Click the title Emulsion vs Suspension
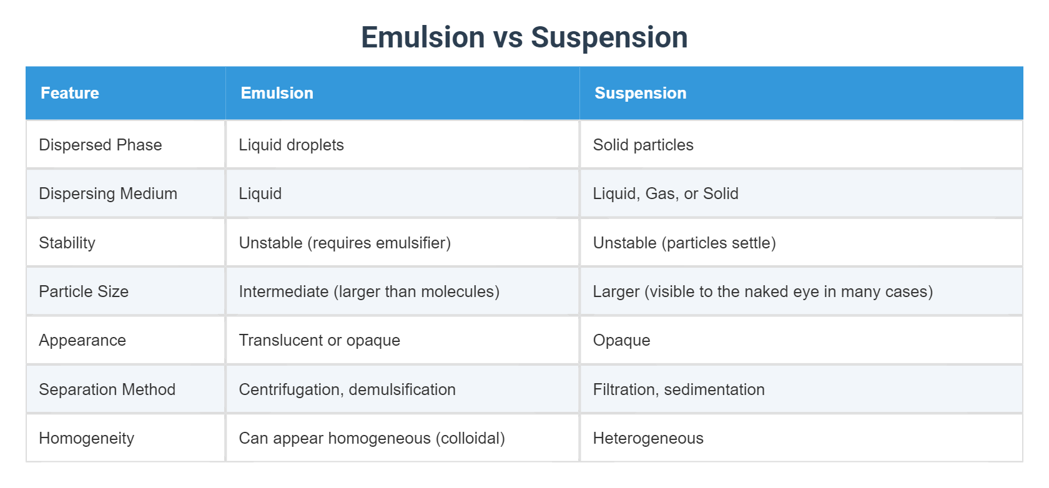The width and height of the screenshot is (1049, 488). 524,37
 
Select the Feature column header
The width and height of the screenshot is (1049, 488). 70,93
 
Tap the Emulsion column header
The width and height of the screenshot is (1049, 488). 277,93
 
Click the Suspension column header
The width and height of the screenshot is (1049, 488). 640,93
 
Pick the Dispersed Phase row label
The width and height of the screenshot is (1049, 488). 100,145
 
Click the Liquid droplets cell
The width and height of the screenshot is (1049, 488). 291,145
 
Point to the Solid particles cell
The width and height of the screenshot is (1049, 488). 643,145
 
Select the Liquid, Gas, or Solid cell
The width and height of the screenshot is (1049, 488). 666,193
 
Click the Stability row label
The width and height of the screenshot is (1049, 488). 67,243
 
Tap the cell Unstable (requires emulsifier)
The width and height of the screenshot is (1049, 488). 345,243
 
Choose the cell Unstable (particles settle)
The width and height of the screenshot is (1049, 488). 684,243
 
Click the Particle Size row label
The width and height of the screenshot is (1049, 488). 84,291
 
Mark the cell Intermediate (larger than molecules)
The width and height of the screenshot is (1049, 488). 369,291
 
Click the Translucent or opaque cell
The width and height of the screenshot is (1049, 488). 319,340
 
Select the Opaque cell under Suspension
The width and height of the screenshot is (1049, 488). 621,340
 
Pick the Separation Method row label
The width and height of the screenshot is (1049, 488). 107,389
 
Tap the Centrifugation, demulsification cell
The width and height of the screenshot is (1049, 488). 347,389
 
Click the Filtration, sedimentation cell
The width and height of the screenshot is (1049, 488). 679,389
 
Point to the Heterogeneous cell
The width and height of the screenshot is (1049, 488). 648,438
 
